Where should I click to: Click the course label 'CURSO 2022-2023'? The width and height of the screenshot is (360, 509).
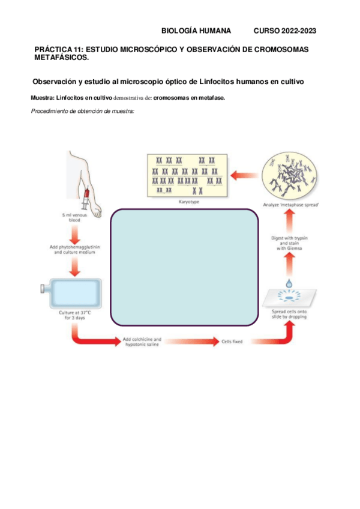tap(285, 31)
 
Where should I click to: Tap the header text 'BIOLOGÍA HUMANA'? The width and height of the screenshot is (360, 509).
tap(197, 31)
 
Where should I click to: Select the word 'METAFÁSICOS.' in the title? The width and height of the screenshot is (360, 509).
tap(61, 58)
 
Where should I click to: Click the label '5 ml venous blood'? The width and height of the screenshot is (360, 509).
tap(75, 217)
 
